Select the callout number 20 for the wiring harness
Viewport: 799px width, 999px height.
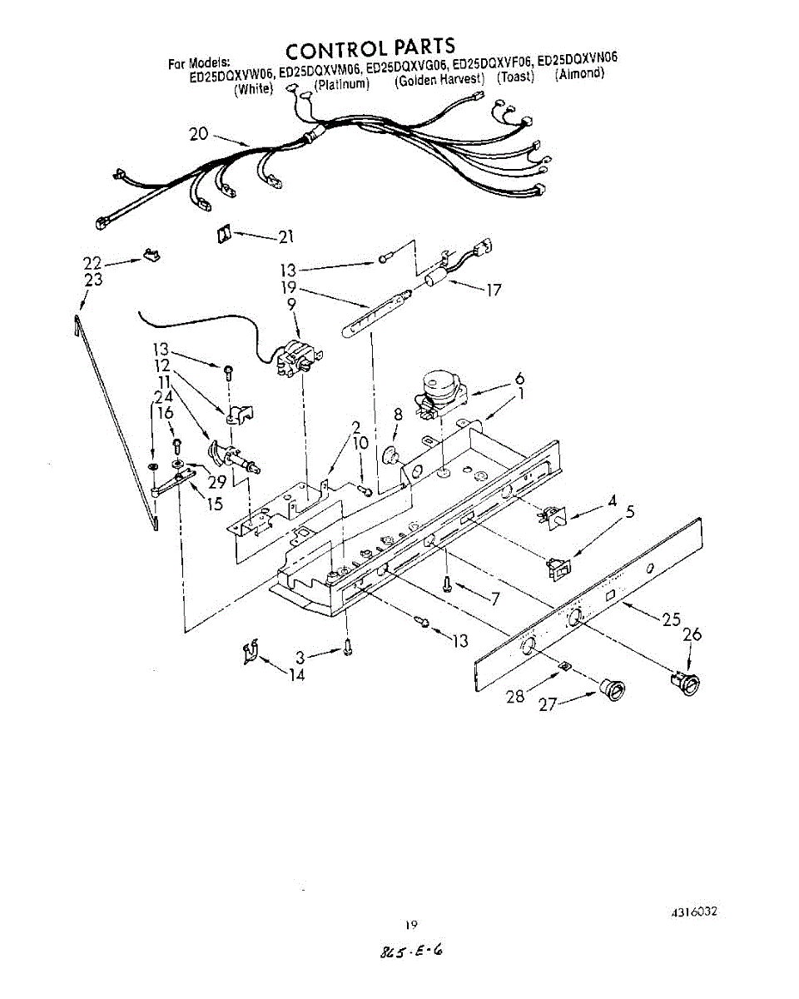198,133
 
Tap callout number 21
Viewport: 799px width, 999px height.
286,237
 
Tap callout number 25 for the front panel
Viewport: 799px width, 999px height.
672,619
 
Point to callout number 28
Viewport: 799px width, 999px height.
516,694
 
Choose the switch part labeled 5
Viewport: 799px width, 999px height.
558,567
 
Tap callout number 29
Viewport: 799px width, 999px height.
217,481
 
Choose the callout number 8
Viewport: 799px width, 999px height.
399,414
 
